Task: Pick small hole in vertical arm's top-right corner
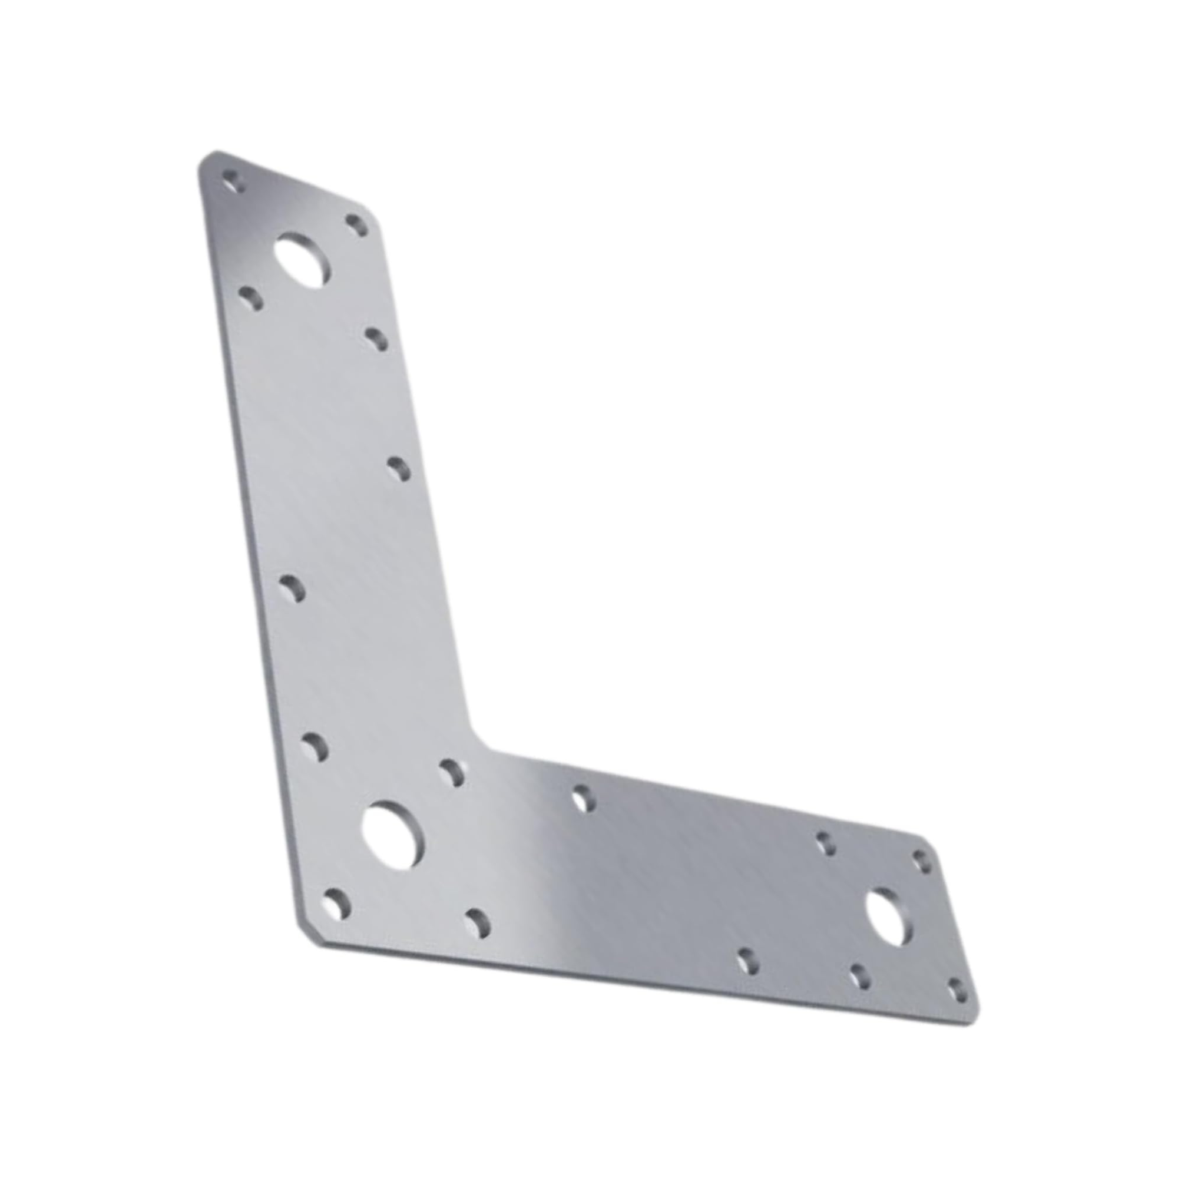[358, 225]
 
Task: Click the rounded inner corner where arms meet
[479, 740]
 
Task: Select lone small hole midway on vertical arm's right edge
[399, 469]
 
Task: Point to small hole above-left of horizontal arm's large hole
[826, 843]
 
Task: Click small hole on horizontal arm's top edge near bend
[584, 799]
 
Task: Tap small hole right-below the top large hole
[377, 339]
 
